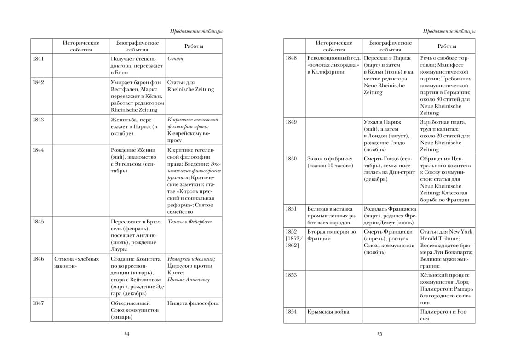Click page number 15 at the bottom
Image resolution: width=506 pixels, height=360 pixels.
pos(379,333)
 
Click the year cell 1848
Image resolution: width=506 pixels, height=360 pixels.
pos(291,58)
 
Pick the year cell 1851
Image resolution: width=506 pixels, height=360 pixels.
pos(291,208)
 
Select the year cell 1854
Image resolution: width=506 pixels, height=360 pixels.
pos(291,312)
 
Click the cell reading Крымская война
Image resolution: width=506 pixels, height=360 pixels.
pos(328,312)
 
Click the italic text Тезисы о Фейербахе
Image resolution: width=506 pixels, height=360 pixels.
pos(190,222)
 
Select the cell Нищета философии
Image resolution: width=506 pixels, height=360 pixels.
pos(193,303)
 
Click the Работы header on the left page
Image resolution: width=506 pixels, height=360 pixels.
pos(194,46)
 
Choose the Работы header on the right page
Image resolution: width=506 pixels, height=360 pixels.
pos(447,46)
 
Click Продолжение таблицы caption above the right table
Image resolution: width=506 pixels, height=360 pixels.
pos(449,31)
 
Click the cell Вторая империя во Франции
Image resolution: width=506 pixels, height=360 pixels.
pos(332,235)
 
